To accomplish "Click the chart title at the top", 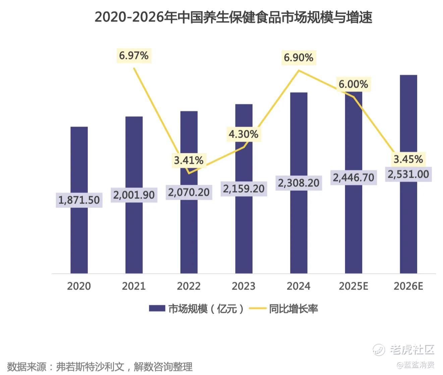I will [233, 17].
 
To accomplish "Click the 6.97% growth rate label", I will [134, 55].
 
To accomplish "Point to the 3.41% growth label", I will [188, 160].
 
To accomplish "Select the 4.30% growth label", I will [243, 134].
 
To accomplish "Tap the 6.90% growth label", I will [298, 58].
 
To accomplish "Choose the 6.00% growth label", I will [353, 84].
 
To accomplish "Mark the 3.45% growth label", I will [408, 159].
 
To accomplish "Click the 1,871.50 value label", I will [79, 200].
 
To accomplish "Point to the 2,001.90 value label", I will [134, 195].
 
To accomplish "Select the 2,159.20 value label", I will [244, 189].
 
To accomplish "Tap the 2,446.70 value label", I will [353, 177].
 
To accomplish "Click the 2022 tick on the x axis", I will [188, 286].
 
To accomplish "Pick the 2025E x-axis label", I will [353, 286].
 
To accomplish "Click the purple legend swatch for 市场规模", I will [157, 308].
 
